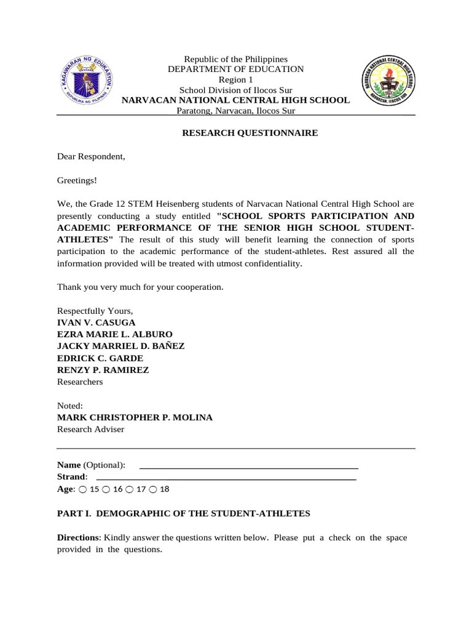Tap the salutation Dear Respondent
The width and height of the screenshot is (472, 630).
coord(91,156)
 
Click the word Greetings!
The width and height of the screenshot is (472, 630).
coord(77,180)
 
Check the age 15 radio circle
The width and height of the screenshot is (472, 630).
coord(82,489)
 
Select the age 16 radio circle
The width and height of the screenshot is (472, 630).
coord(106,489)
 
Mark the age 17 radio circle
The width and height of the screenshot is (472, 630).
coord(130,489)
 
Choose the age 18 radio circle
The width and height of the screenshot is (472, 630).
coord(153,489)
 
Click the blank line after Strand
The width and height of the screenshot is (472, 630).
coord(227,478)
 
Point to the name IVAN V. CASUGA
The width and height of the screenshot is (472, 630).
coord(96,322)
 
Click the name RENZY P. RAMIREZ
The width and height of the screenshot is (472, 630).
coord(103,370)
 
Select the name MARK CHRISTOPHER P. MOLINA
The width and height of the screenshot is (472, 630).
coord(135,417)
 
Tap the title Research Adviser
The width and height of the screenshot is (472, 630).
coord(90,429)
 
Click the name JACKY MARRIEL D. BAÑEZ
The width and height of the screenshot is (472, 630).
coord(120,346)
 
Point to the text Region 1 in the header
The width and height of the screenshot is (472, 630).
coord(235,80)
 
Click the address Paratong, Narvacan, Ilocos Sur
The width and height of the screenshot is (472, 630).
coord(235,111)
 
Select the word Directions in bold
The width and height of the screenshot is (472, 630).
coord(77,537)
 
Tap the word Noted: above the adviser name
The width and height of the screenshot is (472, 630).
coord(69,405)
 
